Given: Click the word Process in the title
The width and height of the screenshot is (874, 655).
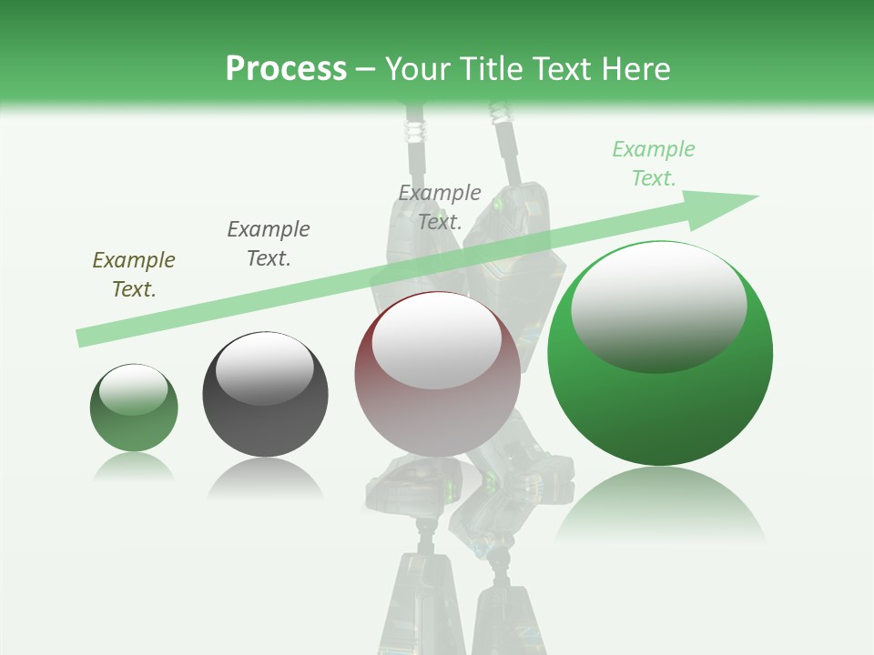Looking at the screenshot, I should [286, 68].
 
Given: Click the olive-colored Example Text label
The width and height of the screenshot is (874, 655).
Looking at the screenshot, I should [134, 274].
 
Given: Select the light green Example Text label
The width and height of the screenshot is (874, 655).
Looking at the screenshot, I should [654, 163].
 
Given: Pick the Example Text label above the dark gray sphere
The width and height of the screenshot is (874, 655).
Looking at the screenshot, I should [269, 243].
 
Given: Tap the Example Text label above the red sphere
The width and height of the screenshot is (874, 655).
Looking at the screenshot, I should [440, 207].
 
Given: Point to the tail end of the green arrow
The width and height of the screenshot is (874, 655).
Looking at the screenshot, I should [84, 338].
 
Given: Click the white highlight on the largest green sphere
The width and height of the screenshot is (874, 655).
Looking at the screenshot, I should [659, 305].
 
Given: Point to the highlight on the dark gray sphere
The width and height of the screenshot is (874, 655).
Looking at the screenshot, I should [265, 368].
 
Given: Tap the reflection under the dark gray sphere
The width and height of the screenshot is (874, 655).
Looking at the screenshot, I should [265, 478].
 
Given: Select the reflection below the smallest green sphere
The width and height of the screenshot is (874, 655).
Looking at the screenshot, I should [134, 467].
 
